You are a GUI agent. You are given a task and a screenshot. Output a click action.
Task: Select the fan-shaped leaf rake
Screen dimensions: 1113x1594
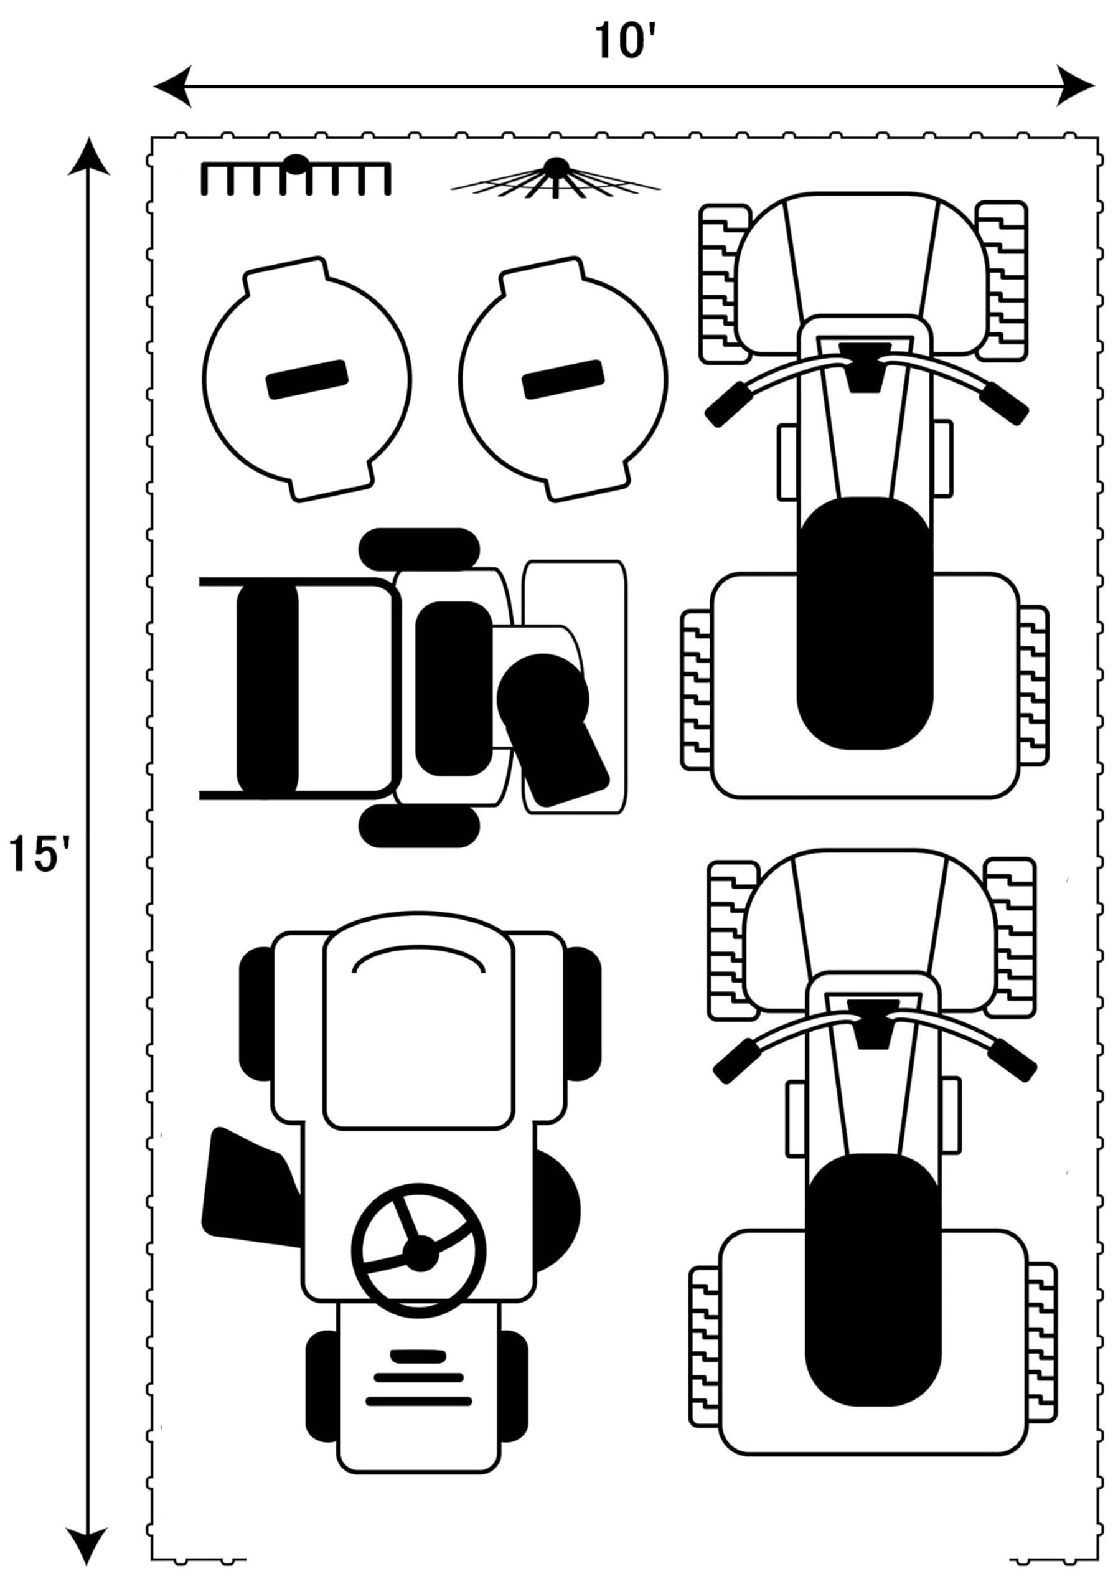point(555,179)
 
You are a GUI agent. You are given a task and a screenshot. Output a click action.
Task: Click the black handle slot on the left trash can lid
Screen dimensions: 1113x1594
point(307,379)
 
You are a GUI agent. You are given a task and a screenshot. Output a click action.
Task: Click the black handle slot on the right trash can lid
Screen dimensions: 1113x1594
point(563,379)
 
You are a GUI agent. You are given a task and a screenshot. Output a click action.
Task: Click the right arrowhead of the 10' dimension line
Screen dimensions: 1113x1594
point(1075,85)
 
